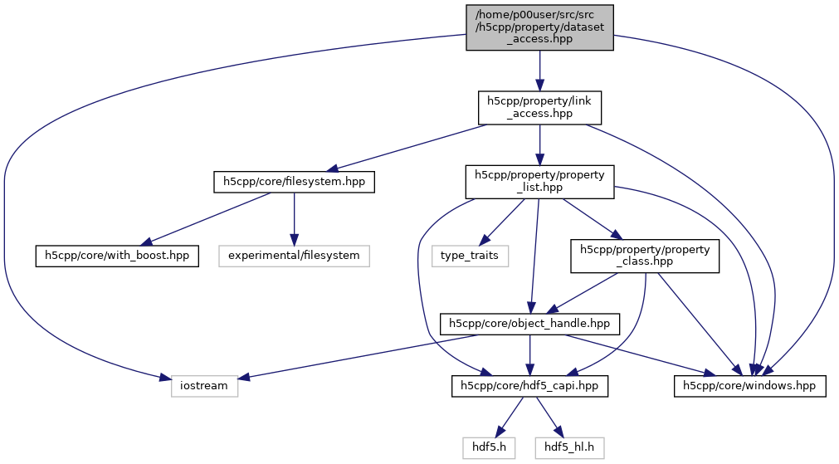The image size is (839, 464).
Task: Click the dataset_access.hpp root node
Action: point(539,27)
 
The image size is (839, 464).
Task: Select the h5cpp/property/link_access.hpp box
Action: point(539,108)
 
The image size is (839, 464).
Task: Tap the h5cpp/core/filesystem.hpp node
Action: point(294,181)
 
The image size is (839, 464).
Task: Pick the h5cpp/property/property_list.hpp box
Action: point(539,181)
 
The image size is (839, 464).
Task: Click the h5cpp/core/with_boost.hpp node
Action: point(117,255)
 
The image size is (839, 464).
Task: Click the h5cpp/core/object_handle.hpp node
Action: point(529,323)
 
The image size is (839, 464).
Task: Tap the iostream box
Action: point(204,386)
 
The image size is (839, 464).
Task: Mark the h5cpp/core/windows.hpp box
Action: point(749,386)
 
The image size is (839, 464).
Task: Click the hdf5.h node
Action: point(489,448)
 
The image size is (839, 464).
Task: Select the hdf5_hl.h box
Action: point(568,448)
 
